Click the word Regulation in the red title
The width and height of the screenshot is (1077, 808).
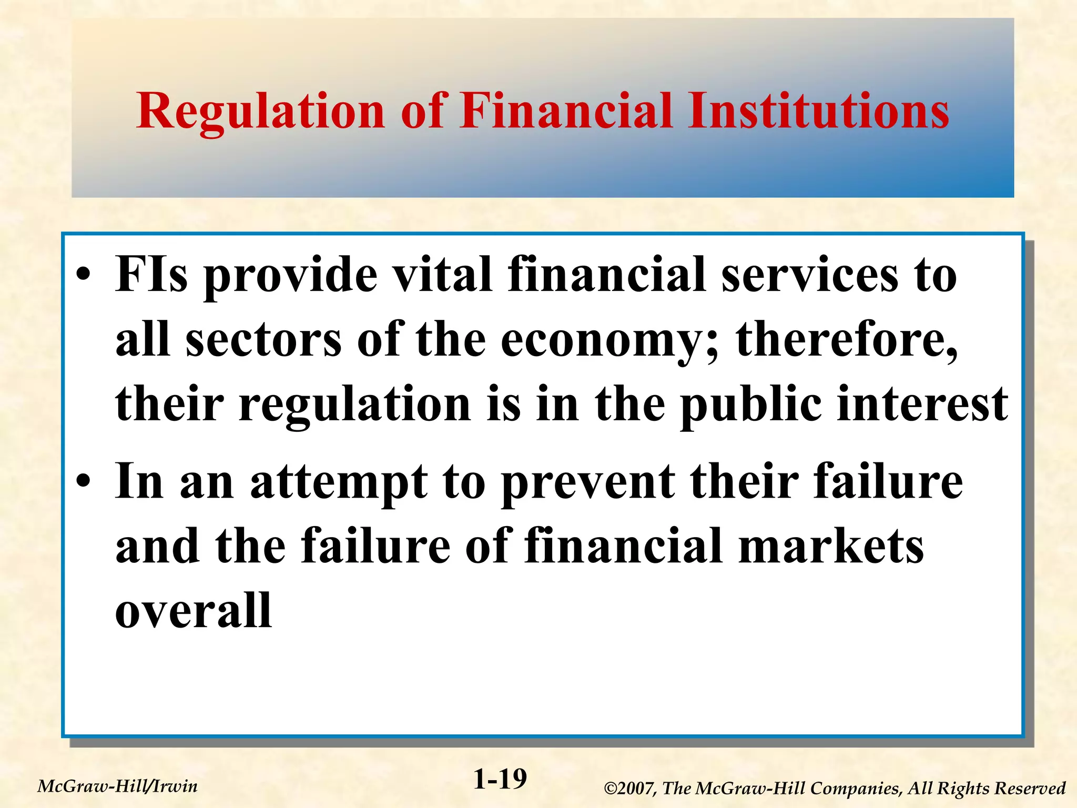pos(260,112)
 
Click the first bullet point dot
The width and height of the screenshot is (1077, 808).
pos(84,276)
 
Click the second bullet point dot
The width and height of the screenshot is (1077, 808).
pos(84,482)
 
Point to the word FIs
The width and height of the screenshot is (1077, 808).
pos(151,275)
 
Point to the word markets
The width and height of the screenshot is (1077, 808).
pos(831,547)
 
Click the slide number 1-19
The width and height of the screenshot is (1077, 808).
pos(500,780)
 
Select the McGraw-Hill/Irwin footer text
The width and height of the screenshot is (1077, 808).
pos(118,786)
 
